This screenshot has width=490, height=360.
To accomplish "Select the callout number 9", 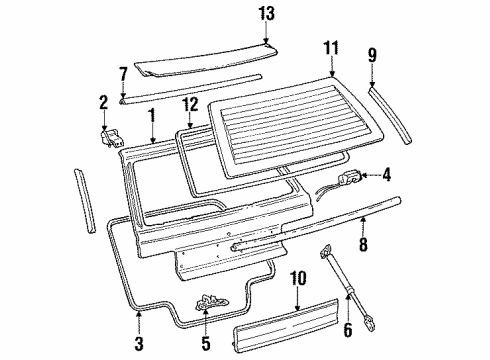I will (371, 56).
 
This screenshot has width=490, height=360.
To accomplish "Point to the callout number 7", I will (124, 74).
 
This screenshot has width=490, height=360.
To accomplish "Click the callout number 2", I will (103, 101).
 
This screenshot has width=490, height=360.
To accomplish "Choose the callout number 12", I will (191, 105).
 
